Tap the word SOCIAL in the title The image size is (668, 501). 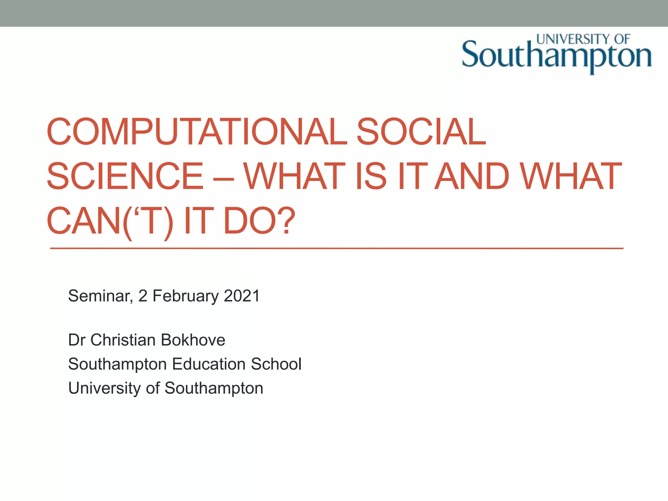point(421,132)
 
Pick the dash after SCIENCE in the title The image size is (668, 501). point(223,178)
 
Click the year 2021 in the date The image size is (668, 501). point(242,296)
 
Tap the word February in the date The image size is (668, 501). point(186,296)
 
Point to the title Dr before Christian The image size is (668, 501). point(77,340)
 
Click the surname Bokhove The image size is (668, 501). point(193,340)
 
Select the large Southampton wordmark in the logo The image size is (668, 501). point(556,56)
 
